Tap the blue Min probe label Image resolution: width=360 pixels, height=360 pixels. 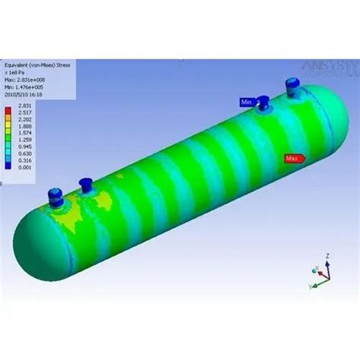pyautogui.click(x=247, y=102)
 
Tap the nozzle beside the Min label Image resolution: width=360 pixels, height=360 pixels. pyautogui.click(x=263, y=103)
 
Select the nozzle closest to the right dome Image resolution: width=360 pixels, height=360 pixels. pyautogui.click(x=291, y=87)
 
